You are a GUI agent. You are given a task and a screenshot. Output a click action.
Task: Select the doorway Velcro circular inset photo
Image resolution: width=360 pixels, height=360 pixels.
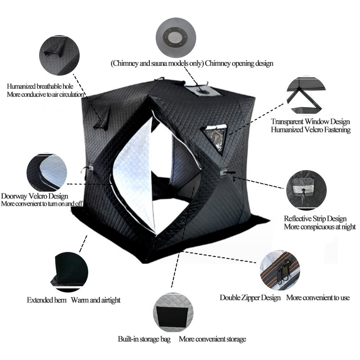(x=47, y=173)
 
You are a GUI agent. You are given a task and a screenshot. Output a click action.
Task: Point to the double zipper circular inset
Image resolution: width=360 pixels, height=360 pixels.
(x=279, y=270)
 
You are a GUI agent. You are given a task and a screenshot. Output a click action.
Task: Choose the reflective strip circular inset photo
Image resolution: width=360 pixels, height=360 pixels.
(x=306, y=189)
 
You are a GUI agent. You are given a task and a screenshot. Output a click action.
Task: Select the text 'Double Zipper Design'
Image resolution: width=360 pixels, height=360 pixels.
(x=250, y=297)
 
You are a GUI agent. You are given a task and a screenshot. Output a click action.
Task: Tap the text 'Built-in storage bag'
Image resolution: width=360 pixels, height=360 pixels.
(x=144, y=339)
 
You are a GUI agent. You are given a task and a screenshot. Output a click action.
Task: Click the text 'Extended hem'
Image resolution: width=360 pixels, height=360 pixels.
(x=47, y=300)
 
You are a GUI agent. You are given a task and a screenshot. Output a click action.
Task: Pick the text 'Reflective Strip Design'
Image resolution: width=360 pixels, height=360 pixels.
(x=315, y=219)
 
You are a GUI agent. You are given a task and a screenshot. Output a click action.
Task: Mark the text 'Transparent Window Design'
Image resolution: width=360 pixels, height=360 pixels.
(x=310, y=121)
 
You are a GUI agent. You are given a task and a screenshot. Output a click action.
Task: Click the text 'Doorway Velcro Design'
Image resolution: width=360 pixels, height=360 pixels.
(x=35, y=196)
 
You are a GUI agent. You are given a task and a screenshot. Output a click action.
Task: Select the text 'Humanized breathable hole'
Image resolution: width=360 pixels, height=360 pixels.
(x=40, y=86)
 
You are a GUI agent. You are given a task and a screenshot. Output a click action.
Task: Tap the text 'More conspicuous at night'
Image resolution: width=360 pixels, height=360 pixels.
(x=319, y=227)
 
